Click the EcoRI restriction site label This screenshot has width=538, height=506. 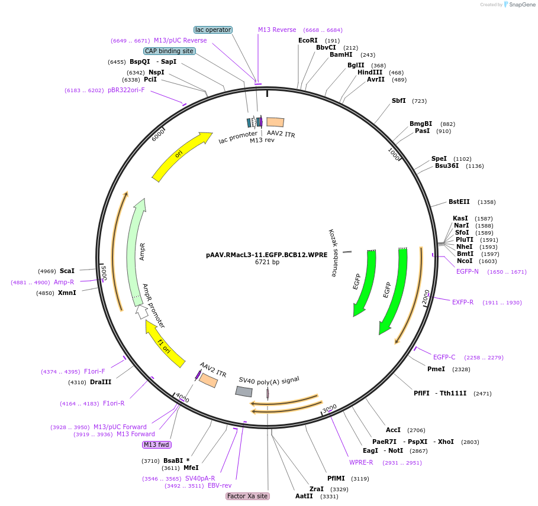308,41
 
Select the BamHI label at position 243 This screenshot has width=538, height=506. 341,54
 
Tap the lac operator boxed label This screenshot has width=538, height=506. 213,30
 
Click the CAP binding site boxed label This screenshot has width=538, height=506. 169,51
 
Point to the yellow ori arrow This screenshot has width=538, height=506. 181,155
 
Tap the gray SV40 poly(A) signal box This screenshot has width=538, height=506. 244,391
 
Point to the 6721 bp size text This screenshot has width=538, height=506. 267,262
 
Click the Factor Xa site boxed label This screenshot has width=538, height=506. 247,496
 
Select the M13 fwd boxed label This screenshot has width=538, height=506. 157,445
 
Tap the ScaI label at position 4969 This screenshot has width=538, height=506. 67,271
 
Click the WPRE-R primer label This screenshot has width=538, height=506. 361,462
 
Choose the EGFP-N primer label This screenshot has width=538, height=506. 467,271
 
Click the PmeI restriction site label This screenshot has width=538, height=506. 436,369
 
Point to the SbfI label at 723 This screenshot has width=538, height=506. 398,100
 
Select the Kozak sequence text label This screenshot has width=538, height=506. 333,253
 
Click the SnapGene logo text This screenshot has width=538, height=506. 522,4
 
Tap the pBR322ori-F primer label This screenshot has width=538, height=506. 126,90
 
